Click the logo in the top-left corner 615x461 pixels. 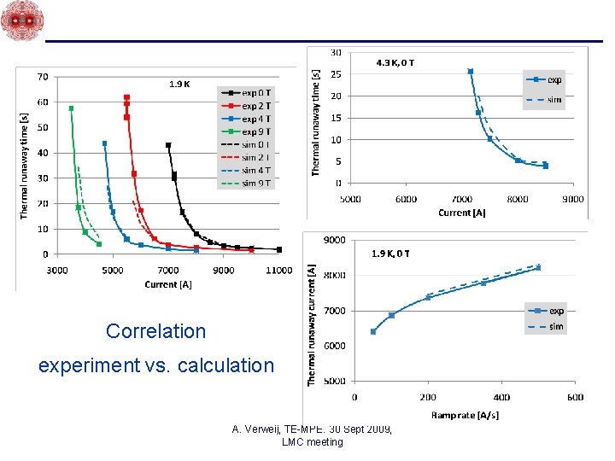point(21,20)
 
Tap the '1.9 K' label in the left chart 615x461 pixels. point(179,84)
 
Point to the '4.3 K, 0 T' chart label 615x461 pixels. point(395,62)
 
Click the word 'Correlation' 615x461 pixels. point(156,331)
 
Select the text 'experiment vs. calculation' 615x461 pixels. point(156,366)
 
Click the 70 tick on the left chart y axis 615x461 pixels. point(42,77)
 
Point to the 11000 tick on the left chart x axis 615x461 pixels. point(278,271)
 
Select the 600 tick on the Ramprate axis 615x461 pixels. point(574,397)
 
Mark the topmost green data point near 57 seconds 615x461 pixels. point(71,108)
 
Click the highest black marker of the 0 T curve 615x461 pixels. point(168,145)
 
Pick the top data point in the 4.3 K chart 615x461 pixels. point(471,72)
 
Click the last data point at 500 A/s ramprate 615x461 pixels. point(538,267)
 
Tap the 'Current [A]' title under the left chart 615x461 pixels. point(167,284)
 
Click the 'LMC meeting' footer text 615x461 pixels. point(312,442)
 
